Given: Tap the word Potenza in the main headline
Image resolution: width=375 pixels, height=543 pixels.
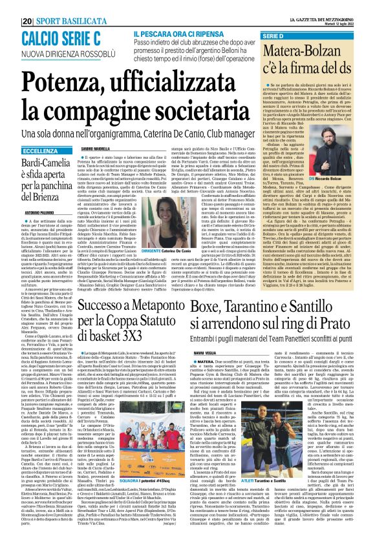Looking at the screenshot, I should (x=61, y=81).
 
